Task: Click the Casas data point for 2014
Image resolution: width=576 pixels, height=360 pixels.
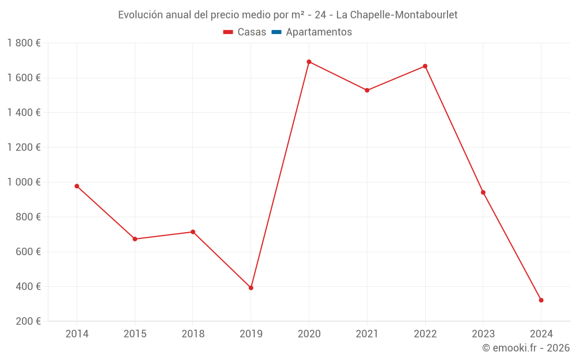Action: pyautogui.click(x=77, y=186)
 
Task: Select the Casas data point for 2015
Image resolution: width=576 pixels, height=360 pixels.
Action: pyautogui.click(x=135, y=239)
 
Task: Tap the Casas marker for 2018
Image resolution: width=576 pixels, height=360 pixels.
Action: pyautogui.click(x=193, y=232)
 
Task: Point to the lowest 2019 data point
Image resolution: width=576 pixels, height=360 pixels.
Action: pyautogui.click(x=251, y=288)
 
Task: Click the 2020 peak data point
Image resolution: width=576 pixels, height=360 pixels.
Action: pyautogui.click(x=309, y=62)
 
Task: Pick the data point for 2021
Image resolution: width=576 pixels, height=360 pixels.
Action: pyautogui.click(x=367, y=90)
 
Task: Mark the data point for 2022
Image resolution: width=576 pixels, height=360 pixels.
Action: pyautogui.click(x=425, y=66)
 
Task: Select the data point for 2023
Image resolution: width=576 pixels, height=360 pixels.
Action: pyautogui.click(x=483, y=192)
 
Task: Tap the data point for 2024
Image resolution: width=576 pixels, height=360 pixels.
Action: pyautogui.click(x=541, y=300)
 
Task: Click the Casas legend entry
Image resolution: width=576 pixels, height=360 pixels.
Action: pyautogui.click(x=245, y=32)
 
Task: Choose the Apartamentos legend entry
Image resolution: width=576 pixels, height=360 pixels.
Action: pyautogui.click(x=312, y=32)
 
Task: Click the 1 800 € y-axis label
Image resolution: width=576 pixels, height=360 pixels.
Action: pyautogui.click(x=24, y=43)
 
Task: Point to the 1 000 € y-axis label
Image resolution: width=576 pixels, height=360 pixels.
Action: pyautogui.click(x=24, y=182)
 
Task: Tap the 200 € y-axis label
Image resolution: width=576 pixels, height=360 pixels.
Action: pyautogui.click(x=27, y=321)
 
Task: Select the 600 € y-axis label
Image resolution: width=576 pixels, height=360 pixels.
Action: pyautogui.click(x=27, y=252)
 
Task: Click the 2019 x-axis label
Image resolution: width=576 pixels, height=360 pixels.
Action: pyautogui.click(x=251, y=334)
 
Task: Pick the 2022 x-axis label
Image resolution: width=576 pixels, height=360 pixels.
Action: pyautogui.click(x=425, y=334)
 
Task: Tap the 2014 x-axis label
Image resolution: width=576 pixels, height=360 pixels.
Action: pyautogui.click(x=77, y=334)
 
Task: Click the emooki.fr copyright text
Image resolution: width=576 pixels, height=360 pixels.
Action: pyautogui.click(x=526, y=348)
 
